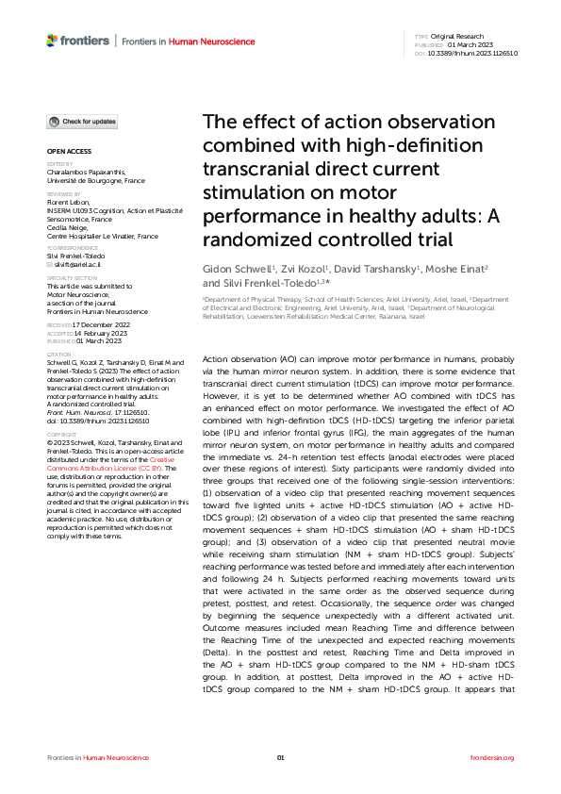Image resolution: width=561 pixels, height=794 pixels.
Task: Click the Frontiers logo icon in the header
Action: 52,41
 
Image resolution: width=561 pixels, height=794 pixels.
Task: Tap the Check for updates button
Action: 84,122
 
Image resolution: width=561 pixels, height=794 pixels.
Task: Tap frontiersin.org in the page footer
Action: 492,757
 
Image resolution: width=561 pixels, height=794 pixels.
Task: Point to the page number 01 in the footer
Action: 280,757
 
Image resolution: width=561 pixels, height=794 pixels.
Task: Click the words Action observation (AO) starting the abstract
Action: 250,360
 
